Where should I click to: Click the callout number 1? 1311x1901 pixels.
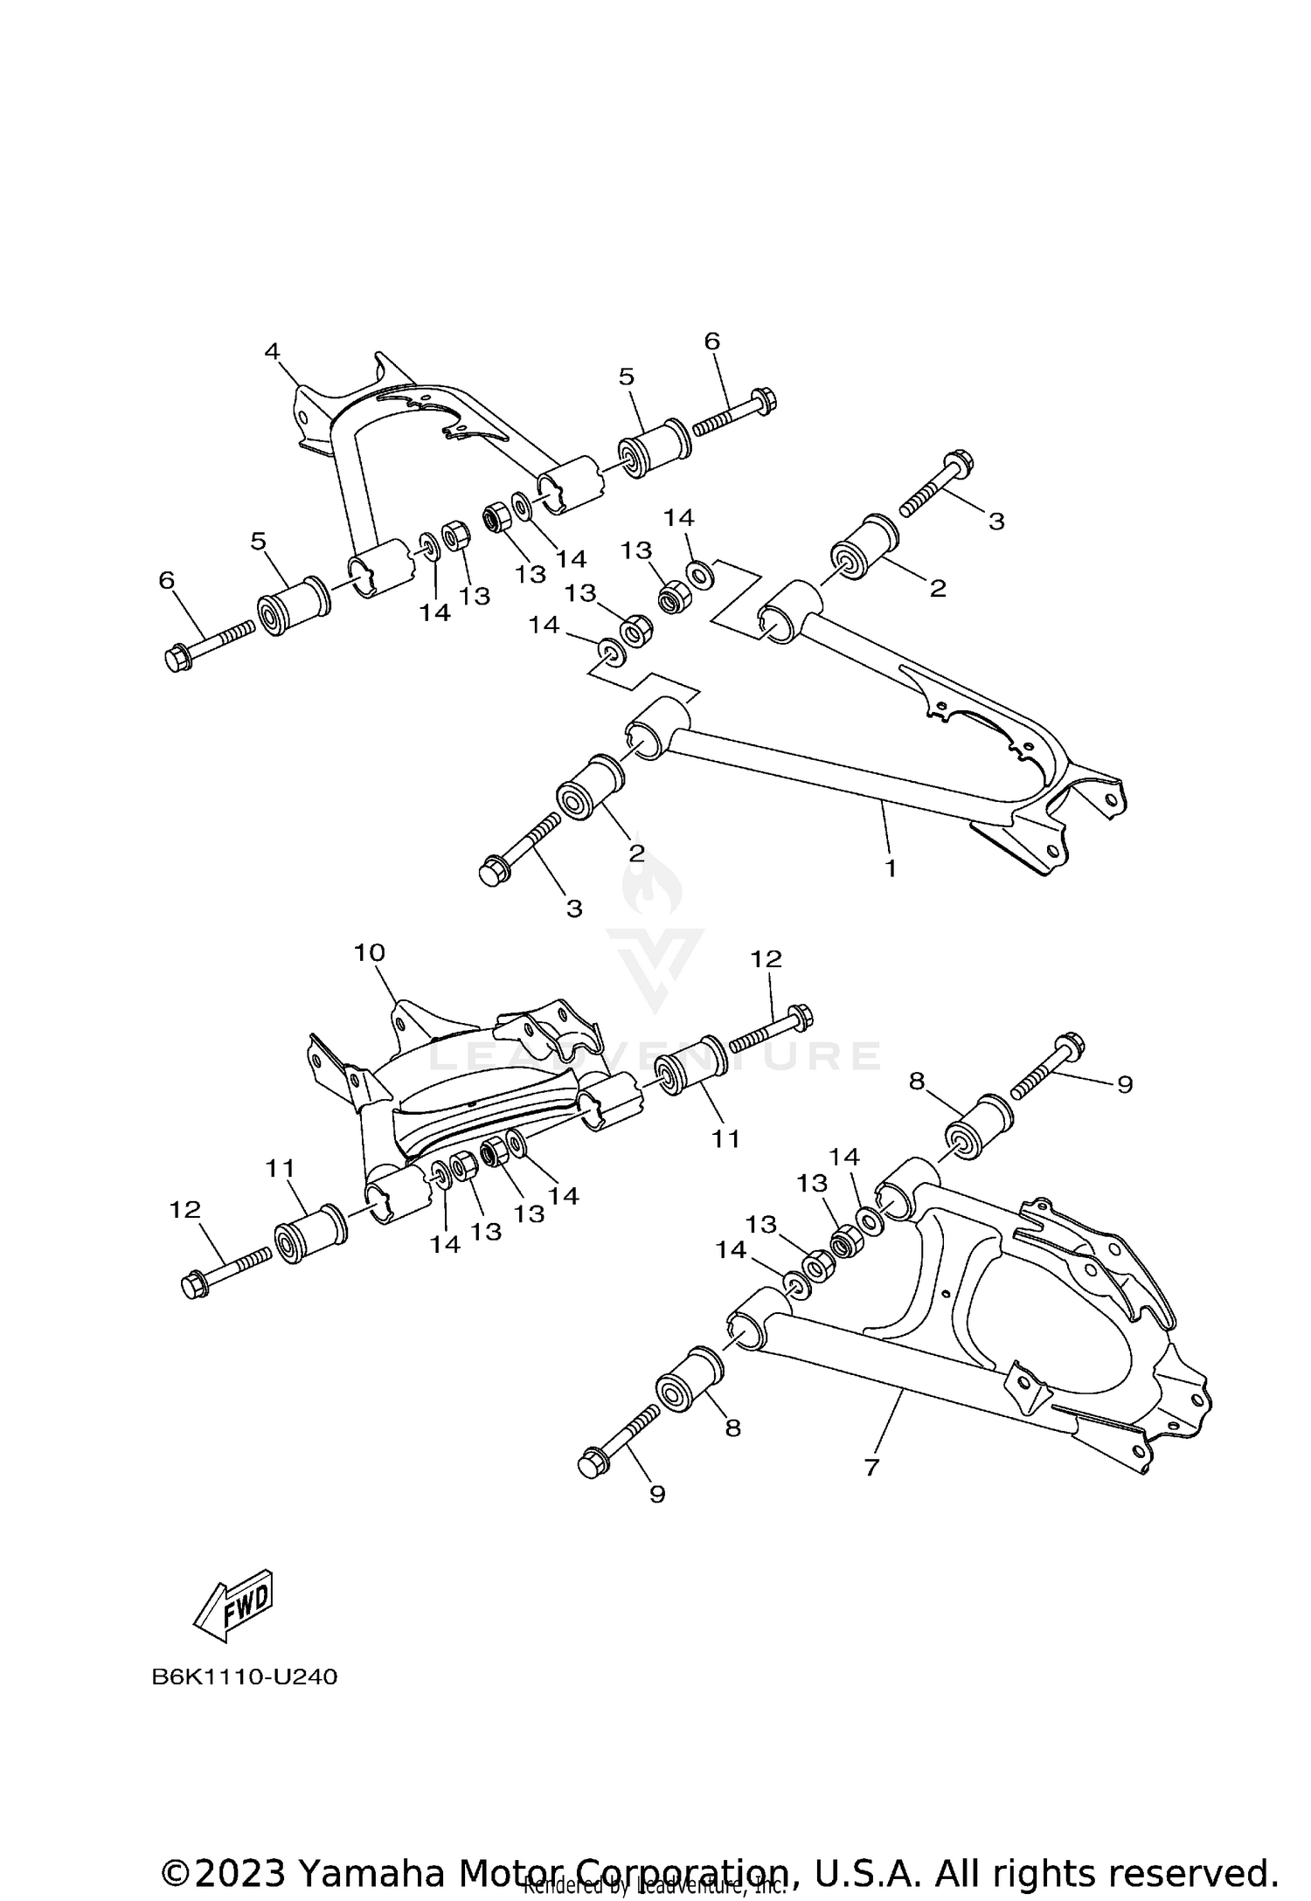891,868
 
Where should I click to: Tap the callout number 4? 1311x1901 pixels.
273,351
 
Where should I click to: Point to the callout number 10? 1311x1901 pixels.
369,952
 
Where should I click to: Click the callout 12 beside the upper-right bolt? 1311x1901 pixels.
766,958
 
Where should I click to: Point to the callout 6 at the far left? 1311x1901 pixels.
166,580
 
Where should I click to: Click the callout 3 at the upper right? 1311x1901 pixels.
996,522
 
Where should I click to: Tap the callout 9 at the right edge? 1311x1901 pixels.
1125,1084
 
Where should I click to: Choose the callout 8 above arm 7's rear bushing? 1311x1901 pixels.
916,1082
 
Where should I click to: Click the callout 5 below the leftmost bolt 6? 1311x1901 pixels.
258,541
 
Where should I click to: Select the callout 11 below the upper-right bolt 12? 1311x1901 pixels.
725,1138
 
